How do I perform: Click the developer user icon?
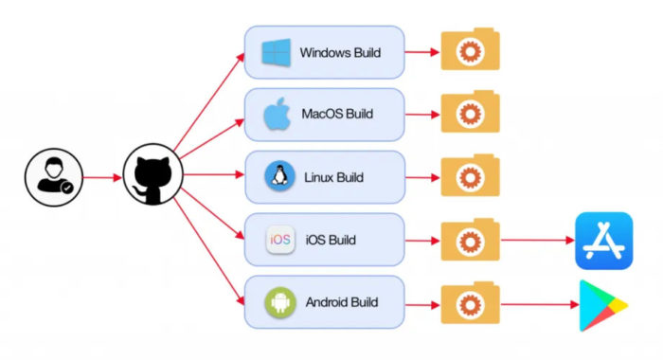[53, 177]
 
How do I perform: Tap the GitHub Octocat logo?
[152, 177]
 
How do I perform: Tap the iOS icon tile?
[280, 240]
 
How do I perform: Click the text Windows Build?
[340, 53]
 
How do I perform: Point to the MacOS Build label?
[337, 115]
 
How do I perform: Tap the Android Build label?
[342, 302]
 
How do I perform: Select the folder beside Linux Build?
[470, 177]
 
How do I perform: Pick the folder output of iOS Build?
[470, 240]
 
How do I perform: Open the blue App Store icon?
[603, 241]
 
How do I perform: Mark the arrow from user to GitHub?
[102, 177]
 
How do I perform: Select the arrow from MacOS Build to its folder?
[421, 115]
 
